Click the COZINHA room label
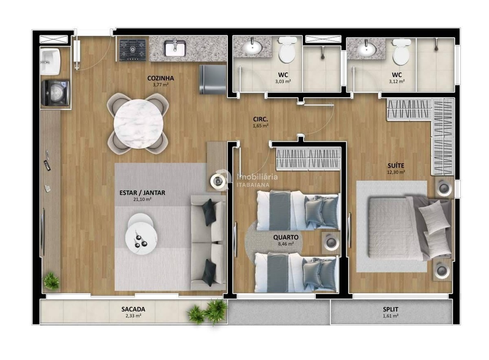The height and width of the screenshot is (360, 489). [x=160, y=78]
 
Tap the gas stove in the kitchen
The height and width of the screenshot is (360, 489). [x=133, y=50]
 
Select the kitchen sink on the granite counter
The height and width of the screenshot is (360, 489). [x=175, y=49]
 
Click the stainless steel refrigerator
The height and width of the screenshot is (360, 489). [x=213, y=79]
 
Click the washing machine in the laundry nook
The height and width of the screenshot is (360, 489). [x=55, y=93]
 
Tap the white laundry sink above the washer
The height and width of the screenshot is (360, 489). [x=50, y=62]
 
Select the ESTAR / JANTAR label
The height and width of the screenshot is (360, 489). [x=142, y=193]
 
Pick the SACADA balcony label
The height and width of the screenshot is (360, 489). [x=133, y=309]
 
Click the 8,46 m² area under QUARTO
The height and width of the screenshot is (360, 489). [x=286, y=244]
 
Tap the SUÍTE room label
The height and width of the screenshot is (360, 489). [x=396, y=166]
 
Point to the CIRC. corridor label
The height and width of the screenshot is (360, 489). [x=260, y=119]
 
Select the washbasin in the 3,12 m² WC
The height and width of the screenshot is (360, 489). [x=366, y=48]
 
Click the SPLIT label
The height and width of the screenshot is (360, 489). [x=391, y=309]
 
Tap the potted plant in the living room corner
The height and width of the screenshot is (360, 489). [x=51, y=281]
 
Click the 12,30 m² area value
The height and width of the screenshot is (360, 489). [x=396, y=172]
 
